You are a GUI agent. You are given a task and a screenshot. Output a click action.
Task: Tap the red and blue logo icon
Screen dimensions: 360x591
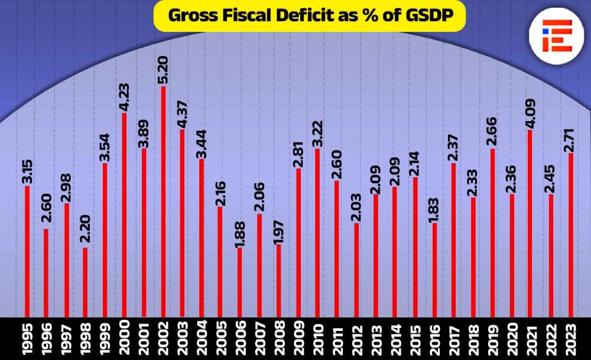[x=557, y=35]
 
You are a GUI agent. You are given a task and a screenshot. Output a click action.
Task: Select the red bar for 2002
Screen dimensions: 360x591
[x=163, y=201]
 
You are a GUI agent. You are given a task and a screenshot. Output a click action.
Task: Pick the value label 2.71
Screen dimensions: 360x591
[x=570, y=137]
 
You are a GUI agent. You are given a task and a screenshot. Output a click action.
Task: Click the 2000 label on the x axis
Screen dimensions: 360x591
[x=125, y=338]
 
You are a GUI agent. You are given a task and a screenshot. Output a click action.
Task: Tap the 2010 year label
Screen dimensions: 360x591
[x=318, y=338]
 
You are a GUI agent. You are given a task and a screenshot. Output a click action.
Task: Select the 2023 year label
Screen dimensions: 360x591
[x=570, y=338]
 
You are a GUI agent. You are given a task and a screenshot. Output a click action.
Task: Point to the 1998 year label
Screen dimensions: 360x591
[x=86, y=338]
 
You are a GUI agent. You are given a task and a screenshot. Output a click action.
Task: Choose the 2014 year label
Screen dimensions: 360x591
[x=395, y=338]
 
